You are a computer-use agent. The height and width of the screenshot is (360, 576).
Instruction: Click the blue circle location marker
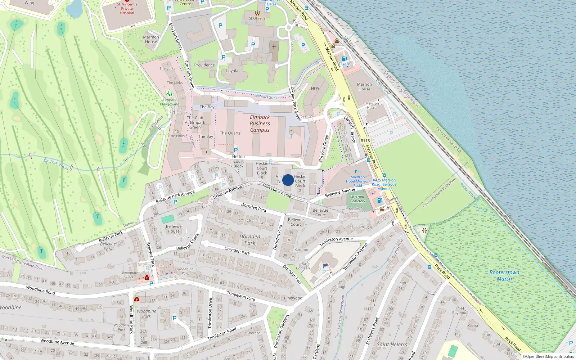tap(288, 180)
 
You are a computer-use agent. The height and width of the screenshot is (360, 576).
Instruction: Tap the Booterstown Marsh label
tap(504, 275)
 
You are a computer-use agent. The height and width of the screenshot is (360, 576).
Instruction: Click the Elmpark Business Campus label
tap(260, 123)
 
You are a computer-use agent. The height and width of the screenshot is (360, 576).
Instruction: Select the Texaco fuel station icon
tap(344, 59)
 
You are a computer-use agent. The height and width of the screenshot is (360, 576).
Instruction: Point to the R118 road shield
tap(365, 141)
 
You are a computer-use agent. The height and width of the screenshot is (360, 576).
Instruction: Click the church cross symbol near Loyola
tap(274, 47)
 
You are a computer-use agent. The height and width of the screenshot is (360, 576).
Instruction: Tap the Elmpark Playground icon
tap(169, 94)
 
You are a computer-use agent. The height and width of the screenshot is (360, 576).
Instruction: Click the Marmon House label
tap(151, 39)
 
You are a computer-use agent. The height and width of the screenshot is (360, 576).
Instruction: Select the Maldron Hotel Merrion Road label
tap(357, 181)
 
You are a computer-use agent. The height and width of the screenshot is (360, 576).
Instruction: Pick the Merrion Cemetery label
tap(357, 199)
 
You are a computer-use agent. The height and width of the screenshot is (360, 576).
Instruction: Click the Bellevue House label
tap(174, 229)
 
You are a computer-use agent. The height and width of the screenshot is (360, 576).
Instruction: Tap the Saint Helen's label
tap(392, 345)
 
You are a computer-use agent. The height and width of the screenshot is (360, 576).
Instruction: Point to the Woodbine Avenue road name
tap(57, 342)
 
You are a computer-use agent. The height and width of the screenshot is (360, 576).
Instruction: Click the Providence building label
tap(204, 65)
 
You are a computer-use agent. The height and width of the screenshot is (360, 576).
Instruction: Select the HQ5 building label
tap(315, 89)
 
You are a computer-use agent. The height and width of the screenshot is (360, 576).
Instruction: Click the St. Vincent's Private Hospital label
tap(127, 9)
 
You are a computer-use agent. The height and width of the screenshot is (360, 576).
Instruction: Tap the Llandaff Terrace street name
tap(350, 129)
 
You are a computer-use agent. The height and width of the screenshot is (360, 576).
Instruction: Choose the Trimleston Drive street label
tap(210, 313)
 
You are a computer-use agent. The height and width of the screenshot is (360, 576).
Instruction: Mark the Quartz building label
tap(230, 133)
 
